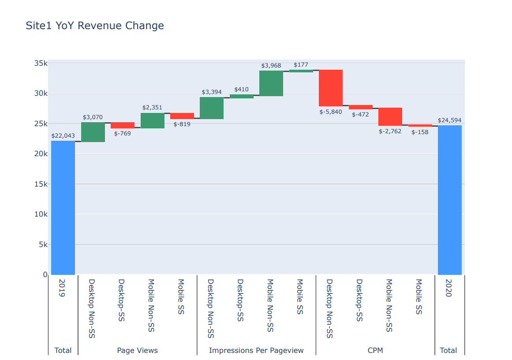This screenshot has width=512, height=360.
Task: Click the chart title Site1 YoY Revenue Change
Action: [x=95, y=26]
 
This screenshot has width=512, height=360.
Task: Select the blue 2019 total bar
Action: [x=63, y=207]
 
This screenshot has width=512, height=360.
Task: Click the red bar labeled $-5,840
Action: [x=331, y=88]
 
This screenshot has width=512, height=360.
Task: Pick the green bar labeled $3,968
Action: [x=271, y=83]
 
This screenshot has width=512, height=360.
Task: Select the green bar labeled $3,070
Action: [x=93, y=132]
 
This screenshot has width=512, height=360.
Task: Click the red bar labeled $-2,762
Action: [x=390, y=117]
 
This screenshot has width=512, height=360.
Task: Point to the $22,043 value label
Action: [x=63, y=136]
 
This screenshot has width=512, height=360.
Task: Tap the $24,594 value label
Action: [x=449, y=120]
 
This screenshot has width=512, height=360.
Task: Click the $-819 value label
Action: [x=182, y=124]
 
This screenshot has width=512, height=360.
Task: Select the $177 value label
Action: [x=301, y=65]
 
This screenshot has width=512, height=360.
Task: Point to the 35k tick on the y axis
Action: [x=41, y=63]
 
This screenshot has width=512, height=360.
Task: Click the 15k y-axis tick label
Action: [x=41, y=184]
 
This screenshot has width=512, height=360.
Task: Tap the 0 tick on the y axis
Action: [x=45, y=274]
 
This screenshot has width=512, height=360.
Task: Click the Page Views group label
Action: [x=137, y=350]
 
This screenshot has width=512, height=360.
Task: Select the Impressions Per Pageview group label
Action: [x=256, y=350]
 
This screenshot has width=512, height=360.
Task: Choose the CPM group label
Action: [x=375, y=350]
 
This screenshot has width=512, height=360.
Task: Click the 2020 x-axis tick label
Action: [x=449, y=288]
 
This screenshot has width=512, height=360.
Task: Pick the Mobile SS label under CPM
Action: [x=419, y=296]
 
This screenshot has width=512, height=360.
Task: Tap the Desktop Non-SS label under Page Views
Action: [x=92, y=308]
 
